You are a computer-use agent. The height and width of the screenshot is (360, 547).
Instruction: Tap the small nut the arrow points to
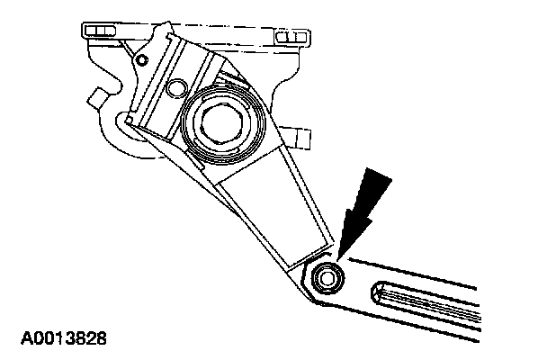pyautogui.click(x=328, y=277)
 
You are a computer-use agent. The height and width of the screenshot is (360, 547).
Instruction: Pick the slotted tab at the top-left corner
pyautogui.click(x=102, y=32)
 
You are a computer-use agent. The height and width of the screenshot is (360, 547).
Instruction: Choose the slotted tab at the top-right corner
pyautogui.click(x=290, y=37)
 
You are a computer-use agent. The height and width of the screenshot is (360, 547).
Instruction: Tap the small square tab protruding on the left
pyautogui.click(x=94, y=96)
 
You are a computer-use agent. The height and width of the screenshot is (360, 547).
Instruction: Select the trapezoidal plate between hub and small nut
pyautogui.click(x=270, y=211)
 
